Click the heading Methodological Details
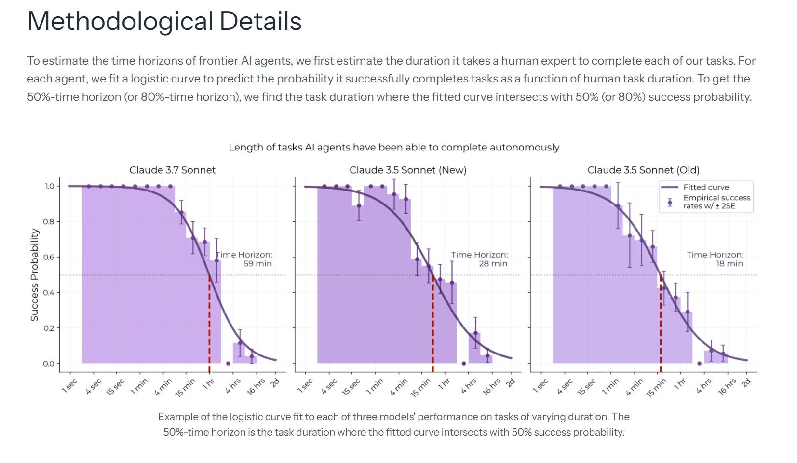(164, 21)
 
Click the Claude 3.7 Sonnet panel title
(172, 170)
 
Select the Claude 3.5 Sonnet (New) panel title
(408, 170)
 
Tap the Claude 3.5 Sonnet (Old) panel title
(643, 170)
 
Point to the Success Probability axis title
(34, 274)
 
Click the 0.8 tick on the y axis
(49, 222)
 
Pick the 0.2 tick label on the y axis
(49, 328)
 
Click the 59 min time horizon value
(257, 264)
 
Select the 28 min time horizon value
(493, 264)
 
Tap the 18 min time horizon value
(729, 264)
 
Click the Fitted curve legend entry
(705, 187)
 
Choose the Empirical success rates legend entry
(716, 202)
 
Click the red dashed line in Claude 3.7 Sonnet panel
(209, 323)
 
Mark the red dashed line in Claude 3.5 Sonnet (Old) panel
(661, 323)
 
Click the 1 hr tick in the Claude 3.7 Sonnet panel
(208, 384)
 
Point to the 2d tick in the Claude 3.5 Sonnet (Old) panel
(746, 383)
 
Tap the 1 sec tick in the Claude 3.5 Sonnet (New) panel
(305, 386)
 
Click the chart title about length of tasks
(394, 148)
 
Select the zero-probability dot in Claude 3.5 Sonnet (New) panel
(464, 364)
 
